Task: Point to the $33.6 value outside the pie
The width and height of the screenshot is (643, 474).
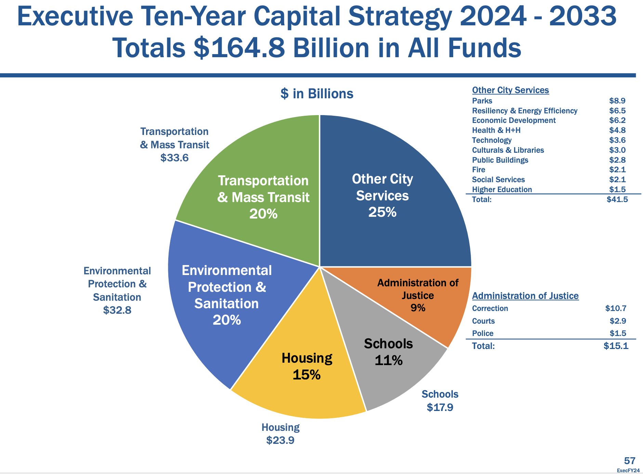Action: pos(174,158)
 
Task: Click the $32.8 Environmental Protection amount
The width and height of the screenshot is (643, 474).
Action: pos(117,310)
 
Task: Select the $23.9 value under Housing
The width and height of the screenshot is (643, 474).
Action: pos(280,440)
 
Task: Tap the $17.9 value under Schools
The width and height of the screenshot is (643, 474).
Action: pos(440,407)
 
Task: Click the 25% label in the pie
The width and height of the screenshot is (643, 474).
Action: pos(382,212)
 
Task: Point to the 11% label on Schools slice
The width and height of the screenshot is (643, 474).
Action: pos(389,360)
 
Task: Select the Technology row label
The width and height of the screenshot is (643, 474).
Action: pos(491,140)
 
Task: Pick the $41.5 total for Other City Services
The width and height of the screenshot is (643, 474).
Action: pos(617,199)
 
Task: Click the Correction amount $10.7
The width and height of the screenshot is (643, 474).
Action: pos(616,308)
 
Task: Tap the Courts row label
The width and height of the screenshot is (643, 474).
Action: pos(483,321)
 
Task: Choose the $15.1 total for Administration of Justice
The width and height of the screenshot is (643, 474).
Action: pos(616,346)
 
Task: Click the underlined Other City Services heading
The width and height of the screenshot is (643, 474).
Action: pos(510,90)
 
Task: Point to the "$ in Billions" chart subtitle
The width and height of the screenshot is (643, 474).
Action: pos(317,93)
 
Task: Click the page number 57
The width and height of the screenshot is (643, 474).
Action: pos(630,461)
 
